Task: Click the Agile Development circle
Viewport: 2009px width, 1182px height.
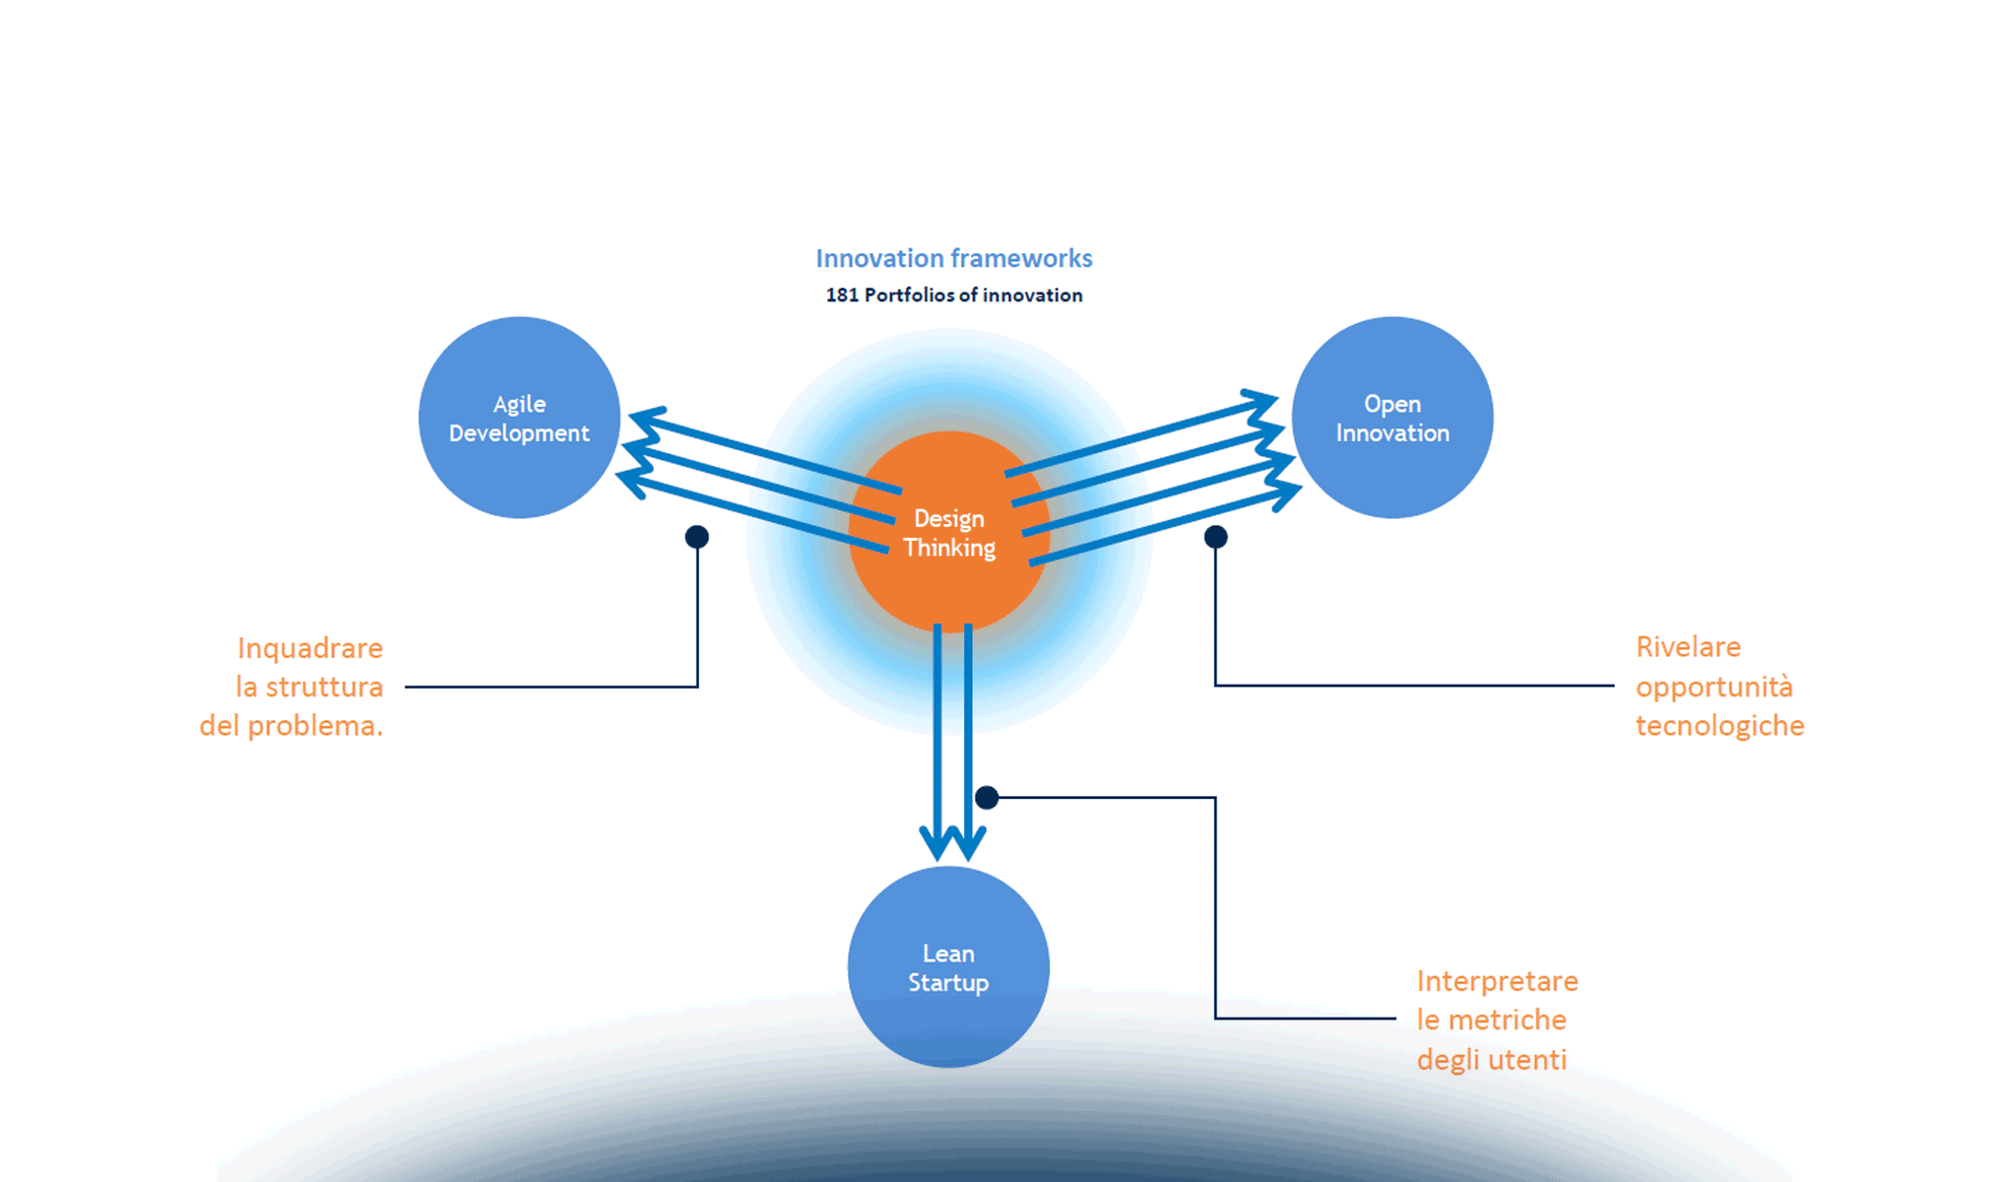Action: pyautogui.click(x=519, y=418)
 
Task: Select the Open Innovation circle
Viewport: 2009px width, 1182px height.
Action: pyautogui.click(x=1392, y=418)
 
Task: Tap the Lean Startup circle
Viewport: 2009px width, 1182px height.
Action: pyautogui.click(x=947, y=967)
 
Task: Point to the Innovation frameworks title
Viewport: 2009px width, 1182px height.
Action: pyautogui.click(x=953, y=258)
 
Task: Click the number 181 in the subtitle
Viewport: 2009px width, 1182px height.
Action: pyautogui.click(x=842, y=295)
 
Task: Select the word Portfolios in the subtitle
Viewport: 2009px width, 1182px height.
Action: pyautogui.click(x=909, y=295)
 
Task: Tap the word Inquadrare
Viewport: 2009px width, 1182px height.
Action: pyautogui.click(x=309, y=648)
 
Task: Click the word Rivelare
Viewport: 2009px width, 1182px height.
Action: pyautogui.click(x=1688, y=647)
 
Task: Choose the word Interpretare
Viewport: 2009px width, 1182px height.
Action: pyautogui.click(x=1497, y=981)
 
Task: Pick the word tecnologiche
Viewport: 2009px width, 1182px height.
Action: pyautogui.click(x=1719, y=726)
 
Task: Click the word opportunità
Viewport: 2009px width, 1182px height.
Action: pyautogui.click(x=1714, y=687)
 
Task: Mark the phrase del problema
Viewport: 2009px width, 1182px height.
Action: pyautogui.click(x=291, y=726)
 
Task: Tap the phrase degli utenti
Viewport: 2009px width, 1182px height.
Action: pyautogui.click(x=1491, y=1060)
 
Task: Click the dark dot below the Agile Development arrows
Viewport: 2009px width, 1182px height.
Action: pyautogui.click(x=696, y=537)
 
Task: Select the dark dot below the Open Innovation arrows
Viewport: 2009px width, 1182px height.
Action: pyautogui.click(x=1215, y=537)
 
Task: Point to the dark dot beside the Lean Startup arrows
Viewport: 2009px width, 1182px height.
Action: pyautogui.click(x=987, y=797)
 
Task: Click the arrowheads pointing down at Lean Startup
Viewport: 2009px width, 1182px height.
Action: pyautogui.click(x=951, y=842)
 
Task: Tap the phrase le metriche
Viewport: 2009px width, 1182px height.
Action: pyautogui.click(x=1491, y=1020)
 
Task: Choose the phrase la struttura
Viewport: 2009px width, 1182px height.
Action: pyautogui.click(x=309, y=687)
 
